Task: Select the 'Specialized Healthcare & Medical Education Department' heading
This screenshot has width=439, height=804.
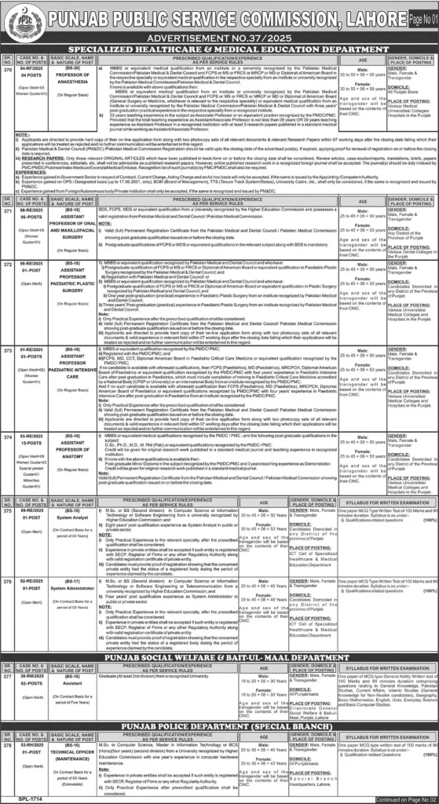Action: [x=219, y=49]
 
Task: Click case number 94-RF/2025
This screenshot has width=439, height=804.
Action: [x=31, y=69]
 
